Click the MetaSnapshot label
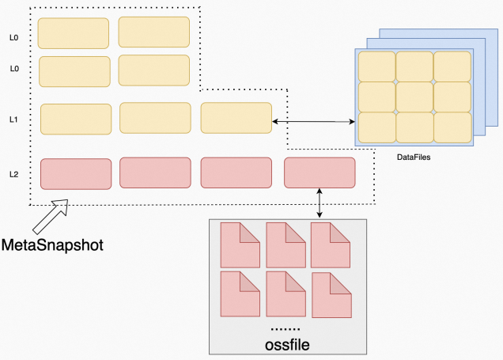click(52, 244)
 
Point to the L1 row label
click(13, 119)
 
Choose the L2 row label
click(13, 172)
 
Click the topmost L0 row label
click(13, 36)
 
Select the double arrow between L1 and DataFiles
click(313, 121)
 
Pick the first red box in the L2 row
click(76, 173)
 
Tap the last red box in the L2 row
click(320, 172)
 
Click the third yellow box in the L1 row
click(236, 118)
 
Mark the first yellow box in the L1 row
click(75, 118)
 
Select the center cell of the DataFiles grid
click(414, 97)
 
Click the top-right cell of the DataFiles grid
click(452, 66)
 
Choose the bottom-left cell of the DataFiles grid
click(376, 127)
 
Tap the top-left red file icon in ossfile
click(239, 244)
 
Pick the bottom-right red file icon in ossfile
click(332, 295)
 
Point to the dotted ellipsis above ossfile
click(286, 328)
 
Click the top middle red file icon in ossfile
click(286, 244)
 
